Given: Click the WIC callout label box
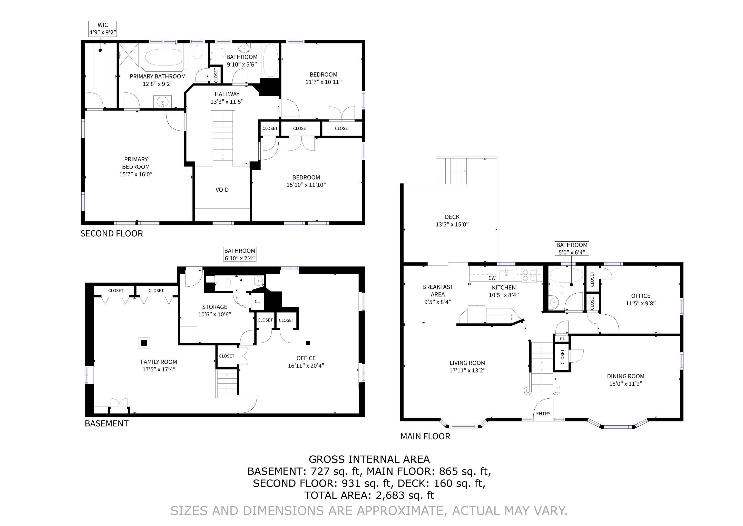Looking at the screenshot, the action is click(103, 29).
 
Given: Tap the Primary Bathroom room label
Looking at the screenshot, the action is click(158, 80).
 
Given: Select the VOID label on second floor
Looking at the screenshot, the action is click(222, 190).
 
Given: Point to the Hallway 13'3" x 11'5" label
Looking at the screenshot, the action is click(227, 98).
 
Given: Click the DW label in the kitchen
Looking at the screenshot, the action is click(492, 278).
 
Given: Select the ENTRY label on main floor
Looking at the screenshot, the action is click(543, 414).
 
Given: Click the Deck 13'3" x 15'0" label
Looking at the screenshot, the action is click(452, 221).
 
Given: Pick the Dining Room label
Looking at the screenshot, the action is click(625, 380).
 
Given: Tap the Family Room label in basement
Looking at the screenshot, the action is click(159, 366).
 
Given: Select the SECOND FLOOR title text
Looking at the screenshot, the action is click(112, 233).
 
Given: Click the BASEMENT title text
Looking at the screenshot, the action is click(106, 424).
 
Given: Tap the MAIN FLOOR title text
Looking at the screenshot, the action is click(425, 436).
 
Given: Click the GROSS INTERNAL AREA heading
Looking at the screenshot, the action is click(369, 459).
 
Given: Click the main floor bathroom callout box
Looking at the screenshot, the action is click(572, 248).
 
